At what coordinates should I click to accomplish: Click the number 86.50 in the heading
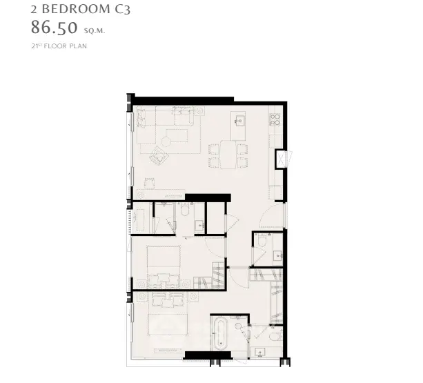pyautogui.click(x=55, y=28)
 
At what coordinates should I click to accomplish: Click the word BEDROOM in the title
pyautogui.click(x=76, y=9)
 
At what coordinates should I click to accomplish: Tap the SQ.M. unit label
pyautogui.click(x=95, y=31)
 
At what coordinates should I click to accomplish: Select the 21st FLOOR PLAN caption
pyautogui.click(x=59, y=46)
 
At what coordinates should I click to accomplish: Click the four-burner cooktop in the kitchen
pyautogui.click(x=275, y=119)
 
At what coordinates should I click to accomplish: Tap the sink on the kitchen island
pyautogui.click(x=239, y=121)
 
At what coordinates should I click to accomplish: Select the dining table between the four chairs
pyautogui.click(x=228, y=155)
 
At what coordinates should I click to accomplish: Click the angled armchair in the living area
pyautogui.click(x=159, y=155)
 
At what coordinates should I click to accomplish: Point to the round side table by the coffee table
pyautogui.click(x=166, y=141)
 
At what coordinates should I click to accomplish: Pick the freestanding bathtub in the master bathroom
pyautogui.click(x=221, y=334)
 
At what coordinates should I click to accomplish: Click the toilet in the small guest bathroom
pyautogui.click(x=262, y=239)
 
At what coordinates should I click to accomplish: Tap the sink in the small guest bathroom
pyautogui.click(x=277, y=255)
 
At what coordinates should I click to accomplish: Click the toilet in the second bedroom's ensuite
pyautogui.click(x=185, y=210)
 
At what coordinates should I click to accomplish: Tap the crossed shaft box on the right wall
pyautogui.click(x=282, y=159)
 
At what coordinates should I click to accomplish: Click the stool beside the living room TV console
pyautogui.click(x=149, y=184)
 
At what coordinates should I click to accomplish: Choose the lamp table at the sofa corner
pyautogui.click(x=199, y=110)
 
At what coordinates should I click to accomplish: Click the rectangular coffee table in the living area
pyautogui.click(x=177, y=135)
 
